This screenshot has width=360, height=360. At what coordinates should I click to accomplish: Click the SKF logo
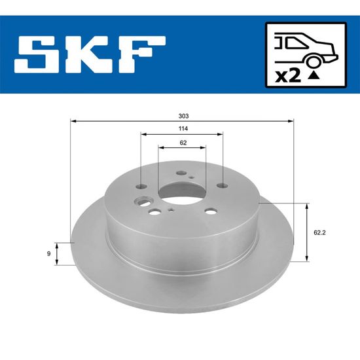click(x=90, y=54)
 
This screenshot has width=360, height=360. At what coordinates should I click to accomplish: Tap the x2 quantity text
click(x=288, y=76)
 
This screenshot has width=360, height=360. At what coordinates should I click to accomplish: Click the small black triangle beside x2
click(x=314, y=75)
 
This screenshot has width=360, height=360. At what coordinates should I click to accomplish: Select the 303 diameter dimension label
click(x=183, y=116)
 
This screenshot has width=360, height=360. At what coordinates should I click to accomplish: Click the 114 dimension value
click(x=183, y=128)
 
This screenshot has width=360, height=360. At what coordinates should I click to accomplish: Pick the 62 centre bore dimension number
click(x=183, y=143)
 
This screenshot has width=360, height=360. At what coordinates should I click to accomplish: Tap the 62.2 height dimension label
click(x=319, y=233)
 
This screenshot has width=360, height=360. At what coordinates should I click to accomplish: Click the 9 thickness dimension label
click(x=48, y=254)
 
